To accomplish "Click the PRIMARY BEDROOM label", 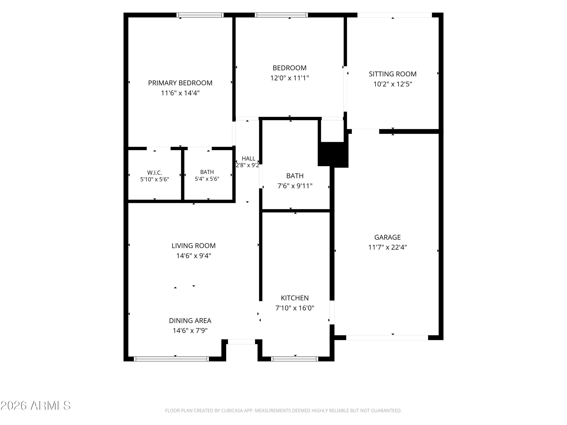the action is pos(180,83).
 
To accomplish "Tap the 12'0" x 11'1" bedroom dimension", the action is pos(290,78).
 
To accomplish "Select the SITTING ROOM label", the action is pos(393,74).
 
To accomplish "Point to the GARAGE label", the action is pos(388,237).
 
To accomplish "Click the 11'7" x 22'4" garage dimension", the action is pos(388,247).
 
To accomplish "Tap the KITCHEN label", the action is pos(295,298).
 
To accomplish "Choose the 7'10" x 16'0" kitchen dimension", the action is pos(295,308).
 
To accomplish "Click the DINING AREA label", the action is pos(190,321).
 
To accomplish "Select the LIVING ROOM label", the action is pos(194,246).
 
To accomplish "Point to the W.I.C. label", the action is pos(155,173).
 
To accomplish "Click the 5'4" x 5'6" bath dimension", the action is pos(207,179).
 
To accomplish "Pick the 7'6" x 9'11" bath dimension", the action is pos(295,186).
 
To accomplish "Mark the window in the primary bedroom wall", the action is pos(200,15).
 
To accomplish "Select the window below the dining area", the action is pos(171,359).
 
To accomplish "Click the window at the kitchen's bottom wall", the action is pos(294,359).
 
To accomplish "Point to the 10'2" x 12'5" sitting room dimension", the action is pos(393,84).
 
